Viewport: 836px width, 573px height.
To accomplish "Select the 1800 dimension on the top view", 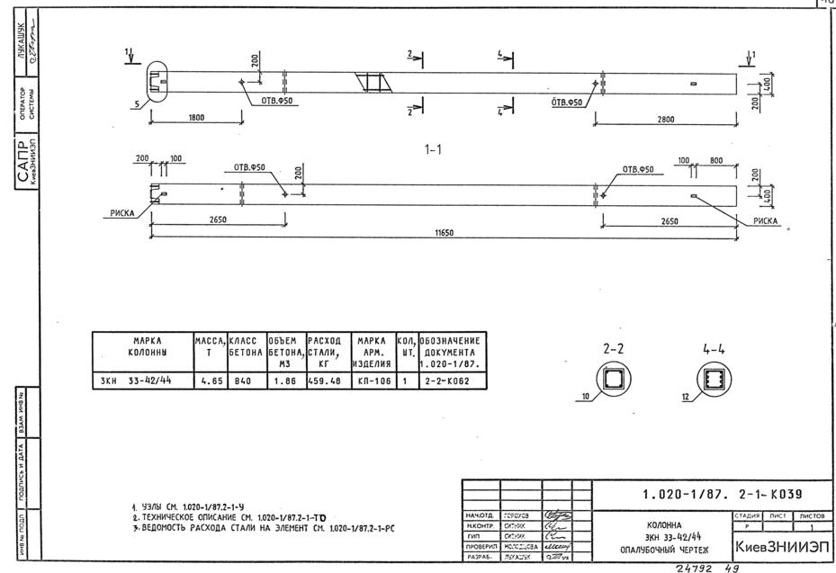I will pyautogui.click(x=190, y=117).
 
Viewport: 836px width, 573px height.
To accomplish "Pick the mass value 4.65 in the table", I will pyautogui.click(x=211, y=381).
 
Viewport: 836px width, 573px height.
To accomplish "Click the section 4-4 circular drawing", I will pyautogui.click(x=714, y=380).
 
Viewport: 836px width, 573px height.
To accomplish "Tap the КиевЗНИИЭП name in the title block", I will pyautogui.click(x=781, y=547).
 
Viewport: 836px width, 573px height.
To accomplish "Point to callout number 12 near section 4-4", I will pyautogui.click(x=686, y=397).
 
